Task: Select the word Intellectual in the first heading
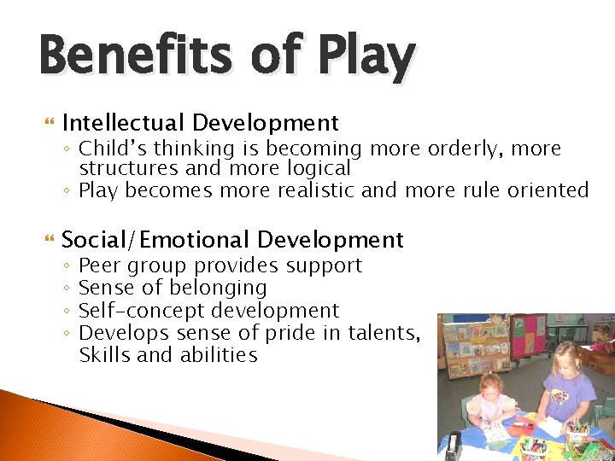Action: tap(127, 124)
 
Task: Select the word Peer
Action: tap(101, 266)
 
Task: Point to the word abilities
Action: tap(216, 355)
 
